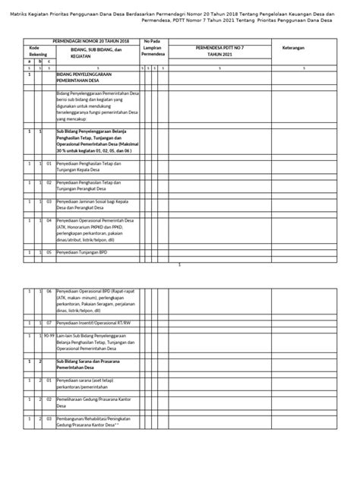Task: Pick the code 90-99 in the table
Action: tap(49, 335)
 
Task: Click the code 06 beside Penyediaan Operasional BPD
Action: tap(49, 291)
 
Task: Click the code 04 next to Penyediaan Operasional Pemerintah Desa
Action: tap(49, 220)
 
